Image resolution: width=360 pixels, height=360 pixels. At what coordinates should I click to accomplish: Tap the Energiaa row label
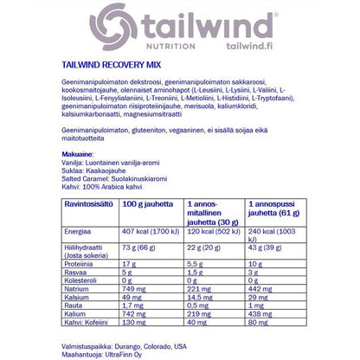80,233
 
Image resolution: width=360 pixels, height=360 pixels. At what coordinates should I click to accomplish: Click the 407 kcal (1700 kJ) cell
151,233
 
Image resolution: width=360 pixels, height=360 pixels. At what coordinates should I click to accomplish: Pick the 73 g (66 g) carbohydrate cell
138,248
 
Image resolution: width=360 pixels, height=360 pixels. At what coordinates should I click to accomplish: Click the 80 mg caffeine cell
260,323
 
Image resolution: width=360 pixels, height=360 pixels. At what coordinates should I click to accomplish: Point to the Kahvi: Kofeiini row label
91,323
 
